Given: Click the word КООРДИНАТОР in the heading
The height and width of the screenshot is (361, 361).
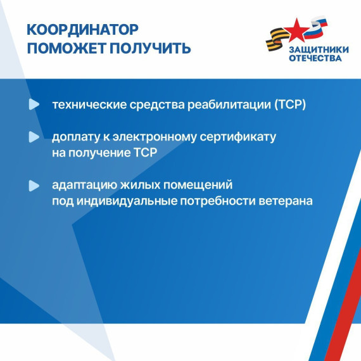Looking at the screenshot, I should pyautogui.click(x=82, y=30).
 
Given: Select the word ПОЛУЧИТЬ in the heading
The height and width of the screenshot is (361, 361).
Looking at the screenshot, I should pyautogui.click(x=152, y=48).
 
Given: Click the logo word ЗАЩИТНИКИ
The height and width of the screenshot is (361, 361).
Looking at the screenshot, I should pyautogui.click(x=315, y=50).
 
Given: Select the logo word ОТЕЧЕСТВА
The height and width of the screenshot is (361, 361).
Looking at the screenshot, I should pyautogui.click(x=315, y=59).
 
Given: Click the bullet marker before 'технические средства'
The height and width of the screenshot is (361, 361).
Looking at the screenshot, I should pyautogui.click(x=34, y=104).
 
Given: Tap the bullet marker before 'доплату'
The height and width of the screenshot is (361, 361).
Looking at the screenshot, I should pyautogui.click(x=34, y=136).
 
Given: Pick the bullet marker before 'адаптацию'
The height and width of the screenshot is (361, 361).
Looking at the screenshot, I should pyautogui.click(x=34, y=186).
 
